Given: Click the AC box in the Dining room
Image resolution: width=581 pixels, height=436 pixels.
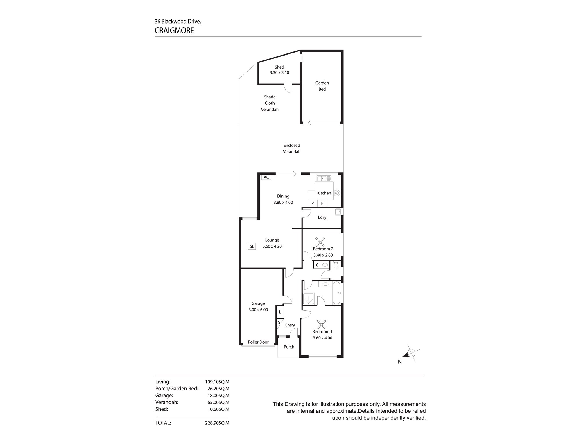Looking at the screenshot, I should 266,177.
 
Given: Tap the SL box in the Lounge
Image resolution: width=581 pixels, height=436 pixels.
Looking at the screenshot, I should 252,246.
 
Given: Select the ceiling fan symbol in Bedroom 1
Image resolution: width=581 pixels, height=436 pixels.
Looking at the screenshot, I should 321,324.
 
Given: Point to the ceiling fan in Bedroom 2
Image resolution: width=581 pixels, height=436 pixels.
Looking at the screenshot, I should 320,242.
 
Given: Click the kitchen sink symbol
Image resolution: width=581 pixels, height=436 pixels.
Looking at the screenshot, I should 324,178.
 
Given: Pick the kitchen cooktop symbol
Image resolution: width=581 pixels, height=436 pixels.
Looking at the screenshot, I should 337,193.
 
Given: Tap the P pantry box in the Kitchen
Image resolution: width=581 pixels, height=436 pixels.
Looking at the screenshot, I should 313,203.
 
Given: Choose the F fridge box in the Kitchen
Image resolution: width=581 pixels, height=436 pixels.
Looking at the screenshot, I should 322,203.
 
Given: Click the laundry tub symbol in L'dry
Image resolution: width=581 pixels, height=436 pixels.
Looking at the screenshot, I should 338,212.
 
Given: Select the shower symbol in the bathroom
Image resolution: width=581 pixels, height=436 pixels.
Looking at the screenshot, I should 309,299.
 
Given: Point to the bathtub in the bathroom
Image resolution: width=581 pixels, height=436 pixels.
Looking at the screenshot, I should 336,293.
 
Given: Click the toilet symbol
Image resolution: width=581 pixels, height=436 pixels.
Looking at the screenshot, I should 336,265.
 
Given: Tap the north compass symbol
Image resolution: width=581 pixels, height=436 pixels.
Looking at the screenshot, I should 411,353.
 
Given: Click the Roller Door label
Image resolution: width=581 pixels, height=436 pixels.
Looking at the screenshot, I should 258,342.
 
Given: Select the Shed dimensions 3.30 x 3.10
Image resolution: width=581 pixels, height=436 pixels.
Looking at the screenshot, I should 279,73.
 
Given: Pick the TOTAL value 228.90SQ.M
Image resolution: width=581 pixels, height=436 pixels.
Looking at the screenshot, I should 217,423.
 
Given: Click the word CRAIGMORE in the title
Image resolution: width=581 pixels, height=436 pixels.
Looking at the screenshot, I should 174,31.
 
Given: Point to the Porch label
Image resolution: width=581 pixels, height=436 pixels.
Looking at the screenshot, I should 289,347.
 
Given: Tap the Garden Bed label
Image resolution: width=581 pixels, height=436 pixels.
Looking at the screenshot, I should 322,86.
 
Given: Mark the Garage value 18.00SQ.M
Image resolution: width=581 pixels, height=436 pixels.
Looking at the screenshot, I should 217,396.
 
